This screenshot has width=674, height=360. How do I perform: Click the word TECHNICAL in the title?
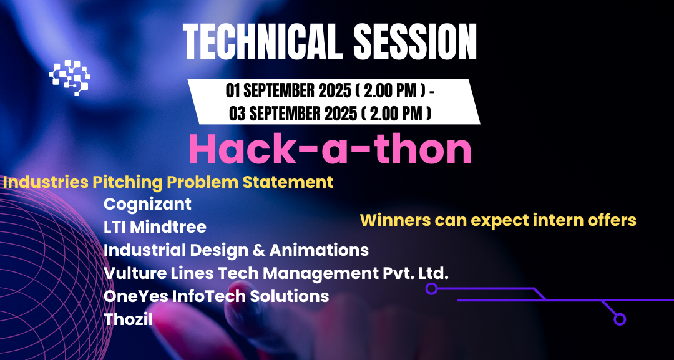coord(262,41)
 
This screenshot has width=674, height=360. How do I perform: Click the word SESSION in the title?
coord(415,41)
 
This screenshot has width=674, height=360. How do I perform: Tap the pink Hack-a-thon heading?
coord(330,150)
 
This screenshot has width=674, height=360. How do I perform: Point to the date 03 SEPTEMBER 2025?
coord(293,114)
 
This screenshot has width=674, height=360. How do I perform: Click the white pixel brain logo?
coord(70,77)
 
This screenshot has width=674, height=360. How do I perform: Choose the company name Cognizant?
coord(147,203)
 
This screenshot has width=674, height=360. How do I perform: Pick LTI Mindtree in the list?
coord(155,227)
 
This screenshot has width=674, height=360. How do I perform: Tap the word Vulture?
coord(131,273)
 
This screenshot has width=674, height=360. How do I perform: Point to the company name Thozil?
coord(128,319)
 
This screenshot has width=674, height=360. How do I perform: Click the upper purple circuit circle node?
coord(431,288)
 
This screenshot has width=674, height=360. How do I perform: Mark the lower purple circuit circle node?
coord(620,319)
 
